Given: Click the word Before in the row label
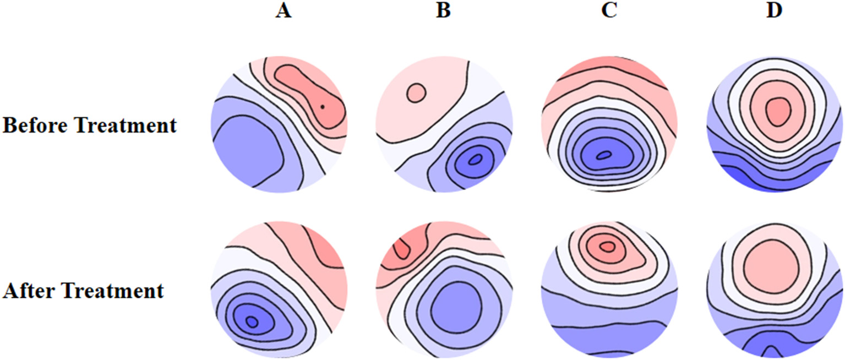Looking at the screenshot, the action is (36, 126).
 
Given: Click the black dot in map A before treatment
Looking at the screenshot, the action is (323, 106).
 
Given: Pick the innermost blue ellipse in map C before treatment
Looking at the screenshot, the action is (604, 156).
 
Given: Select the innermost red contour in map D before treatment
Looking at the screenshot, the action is (777, 112).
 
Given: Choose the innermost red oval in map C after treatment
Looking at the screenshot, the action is (607, 247).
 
